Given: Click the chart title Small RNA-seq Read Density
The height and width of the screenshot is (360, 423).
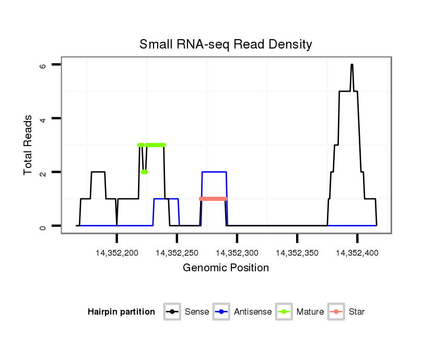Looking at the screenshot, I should pyautogui.click(x=226, y=44).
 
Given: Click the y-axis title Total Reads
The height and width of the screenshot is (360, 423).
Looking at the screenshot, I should pyautogui.click(x=29, y=145).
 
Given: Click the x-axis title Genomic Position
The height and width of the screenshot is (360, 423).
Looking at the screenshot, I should pyautogui.click(x=226, y=268).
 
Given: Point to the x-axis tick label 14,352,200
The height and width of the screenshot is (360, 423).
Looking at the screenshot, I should pyautogui.click(x=117, y=253).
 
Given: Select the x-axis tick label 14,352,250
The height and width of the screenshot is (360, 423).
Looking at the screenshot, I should pyautogui.click(x=177, y=253).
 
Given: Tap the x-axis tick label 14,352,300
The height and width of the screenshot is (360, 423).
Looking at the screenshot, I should pyautogui.click(x=237, y=253).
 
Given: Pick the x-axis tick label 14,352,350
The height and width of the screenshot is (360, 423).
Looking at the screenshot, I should pyautogui.click(x=297, y=253).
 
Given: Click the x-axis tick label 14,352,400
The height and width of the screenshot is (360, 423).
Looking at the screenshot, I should pyautogui.click(x=357, y=253).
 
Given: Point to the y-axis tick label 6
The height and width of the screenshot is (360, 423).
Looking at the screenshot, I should pyautogui.click(x=43, y=65).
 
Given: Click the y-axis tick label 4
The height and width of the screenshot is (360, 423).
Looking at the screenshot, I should pyautogui.click(x=43, y=118).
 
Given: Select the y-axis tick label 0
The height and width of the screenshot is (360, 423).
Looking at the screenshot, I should pyautogui.click(x=43, y=226).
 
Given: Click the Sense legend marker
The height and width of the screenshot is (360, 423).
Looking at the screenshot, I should pyautogui.click(x=172, y=312).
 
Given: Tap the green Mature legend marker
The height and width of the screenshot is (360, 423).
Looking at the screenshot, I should pyautogui.click(x=284, y=312).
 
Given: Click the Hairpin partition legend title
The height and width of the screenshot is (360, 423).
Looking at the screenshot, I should pyautogui.click(x=121, y=312).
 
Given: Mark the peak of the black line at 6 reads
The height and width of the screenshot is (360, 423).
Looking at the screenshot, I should pyautogui.click(x=352, y=65).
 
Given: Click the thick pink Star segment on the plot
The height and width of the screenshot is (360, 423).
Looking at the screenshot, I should pyautogui.click(x=213, y=199).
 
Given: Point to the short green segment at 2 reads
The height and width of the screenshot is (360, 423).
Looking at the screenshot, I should pyautogui.click(x=144, y=172).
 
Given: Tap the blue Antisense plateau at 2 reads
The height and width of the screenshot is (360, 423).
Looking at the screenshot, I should pyautogui.click(x=214, y=172).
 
